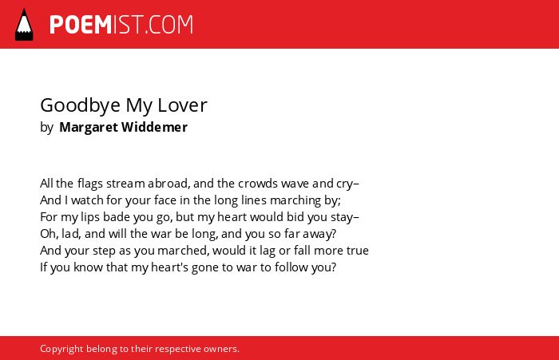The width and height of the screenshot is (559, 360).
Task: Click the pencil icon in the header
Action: tap(24, 25)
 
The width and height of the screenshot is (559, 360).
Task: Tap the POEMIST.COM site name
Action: tap(121, 25)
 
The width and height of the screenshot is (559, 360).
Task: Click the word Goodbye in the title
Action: tap(80, 106)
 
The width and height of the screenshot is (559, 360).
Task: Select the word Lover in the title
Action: tap(182, 105)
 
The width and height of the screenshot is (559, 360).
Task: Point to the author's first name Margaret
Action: tap(89, 128)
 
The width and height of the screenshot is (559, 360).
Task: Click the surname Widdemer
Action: tap(154, 127)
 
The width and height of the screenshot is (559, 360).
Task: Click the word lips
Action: tap(90, 217)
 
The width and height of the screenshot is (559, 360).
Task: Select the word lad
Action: tap(69, 233)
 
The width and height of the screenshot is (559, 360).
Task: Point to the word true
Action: tap(358, 251)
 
